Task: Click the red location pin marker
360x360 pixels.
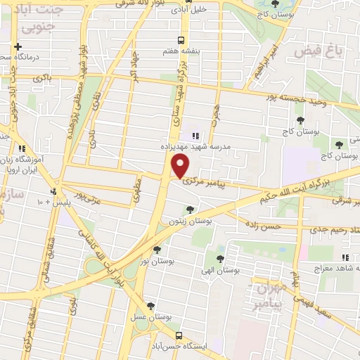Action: pyautogui.click(x=181, y=166)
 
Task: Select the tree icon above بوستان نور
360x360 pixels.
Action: pyautogui.click(x=156, y=249)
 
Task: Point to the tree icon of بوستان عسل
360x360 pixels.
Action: pyautogui.click(x=150, y=306)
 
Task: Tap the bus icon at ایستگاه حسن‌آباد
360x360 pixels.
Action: pyautogui.click(x=181, y=335)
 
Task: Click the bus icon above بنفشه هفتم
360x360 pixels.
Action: pyautogui.click(x=181, y=39)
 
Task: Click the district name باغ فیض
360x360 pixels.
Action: pyautogui.click(x=316, y=51)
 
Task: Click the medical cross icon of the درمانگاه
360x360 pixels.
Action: pyautogui.click(x=17, y=46)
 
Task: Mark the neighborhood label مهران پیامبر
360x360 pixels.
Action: pyautogui.click(x=270, y=295)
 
